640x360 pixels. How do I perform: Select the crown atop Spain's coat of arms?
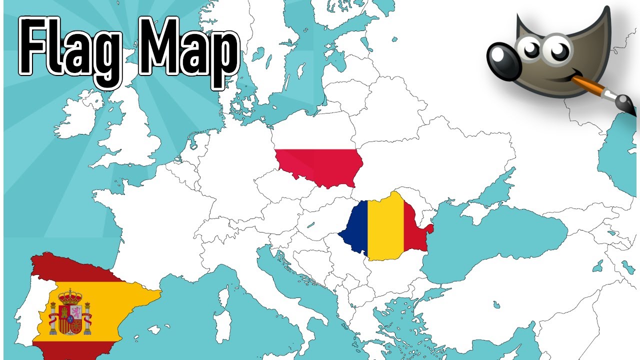(70, 295)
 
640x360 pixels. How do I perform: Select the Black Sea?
(495, 240)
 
